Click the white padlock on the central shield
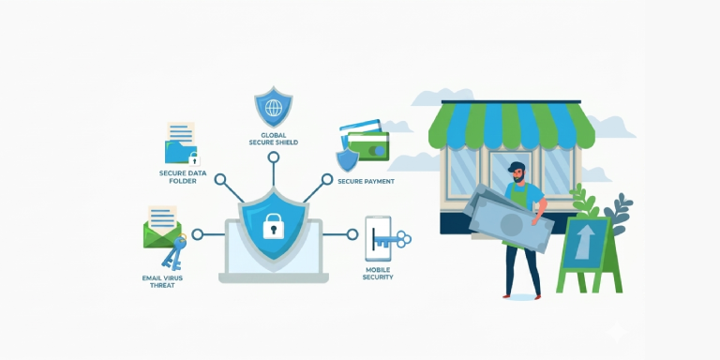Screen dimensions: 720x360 pyautogui.click(x=273, y=225)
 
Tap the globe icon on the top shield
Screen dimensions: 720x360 pyautogui.click(x=274, y=108)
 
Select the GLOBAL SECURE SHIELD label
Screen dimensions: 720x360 pyautogui.click(x=273, y=139)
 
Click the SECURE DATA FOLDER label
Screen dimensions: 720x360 pyautogui.click(x=183, y=177)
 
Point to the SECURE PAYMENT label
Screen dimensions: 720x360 pyautogui.click(x=366, y=181)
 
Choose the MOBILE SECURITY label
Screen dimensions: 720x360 pyautogui.click(x=378, y=274)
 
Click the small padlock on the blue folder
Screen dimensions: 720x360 pyautogui.click(x=194, y=158)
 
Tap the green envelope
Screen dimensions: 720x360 pyautogui.click(x=162, y=234)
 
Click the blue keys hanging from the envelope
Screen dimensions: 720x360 pyautogui.click(x=174, y=252)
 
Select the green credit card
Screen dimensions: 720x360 pyautogui.click(x=368, y=146)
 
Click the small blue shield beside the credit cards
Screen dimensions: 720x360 pyautogui.click(x=348, y=159)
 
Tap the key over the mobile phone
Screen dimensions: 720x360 pyautogui.click(x=392, y=239)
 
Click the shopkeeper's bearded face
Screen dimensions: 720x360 pyautogui.click(x=517, y=174)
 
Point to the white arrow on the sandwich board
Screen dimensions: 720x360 pyautogui.click(x=585, y=243)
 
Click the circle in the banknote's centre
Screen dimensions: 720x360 pyautogui.click(x=512, y=225)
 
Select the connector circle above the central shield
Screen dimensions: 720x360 pyautogui.click(x=274, y=157)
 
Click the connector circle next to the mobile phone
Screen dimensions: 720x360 pyautogui.click(x=352, y=234)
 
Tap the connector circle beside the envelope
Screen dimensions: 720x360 pyautogui.click(x=198, y=234)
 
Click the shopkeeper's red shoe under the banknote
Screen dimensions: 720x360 pyautogui.click(x=506, y=296)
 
